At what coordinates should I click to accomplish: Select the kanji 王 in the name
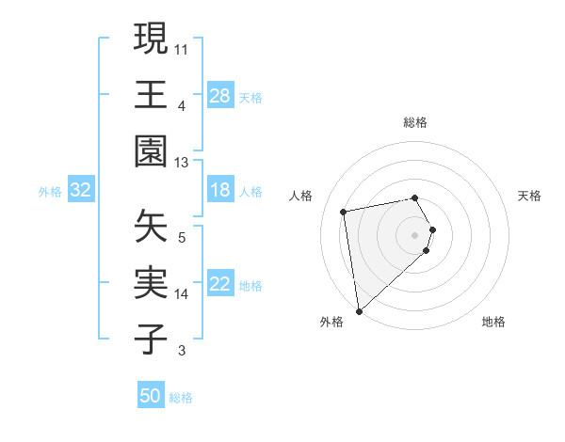click(x=151, y=95)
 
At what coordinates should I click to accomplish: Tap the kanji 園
click(x=151, y=151)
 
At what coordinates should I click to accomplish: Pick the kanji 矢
click(x=151, y=227)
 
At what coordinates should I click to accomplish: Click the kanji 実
click(x=151, y=283)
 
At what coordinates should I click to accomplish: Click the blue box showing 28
click(x=219, y=95)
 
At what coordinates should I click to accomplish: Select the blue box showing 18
click(x=219, y=190)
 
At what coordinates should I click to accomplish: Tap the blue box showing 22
click(x=219, y=284)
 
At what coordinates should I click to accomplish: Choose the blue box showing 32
click(x=81, y=190)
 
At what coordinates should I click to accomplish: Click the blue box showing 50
click(x=151, y=396)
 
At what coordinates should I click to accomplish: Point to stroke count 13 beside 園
click(x=183, y=163)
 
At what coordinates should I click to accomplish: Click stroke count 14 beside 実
click(x=183, y=294)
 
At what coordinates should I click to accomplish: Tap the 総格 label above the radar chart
click(x=415, y=122)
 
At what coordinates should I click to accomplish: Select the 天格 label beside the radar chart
click(x=530, y=196)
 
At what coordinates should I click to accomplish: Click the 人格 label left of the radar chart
click(x=301, y=196)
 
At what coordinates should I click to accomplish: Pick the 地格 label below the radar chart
click(x=493, y=322)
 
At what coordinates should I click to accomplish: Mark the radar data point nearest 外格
click(x=359, y=310)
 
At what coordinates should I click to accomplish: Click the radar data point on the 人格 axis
click(x=344, y=212)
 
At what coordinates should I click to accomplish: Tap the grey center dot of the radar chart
click(x=415, y=234)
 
